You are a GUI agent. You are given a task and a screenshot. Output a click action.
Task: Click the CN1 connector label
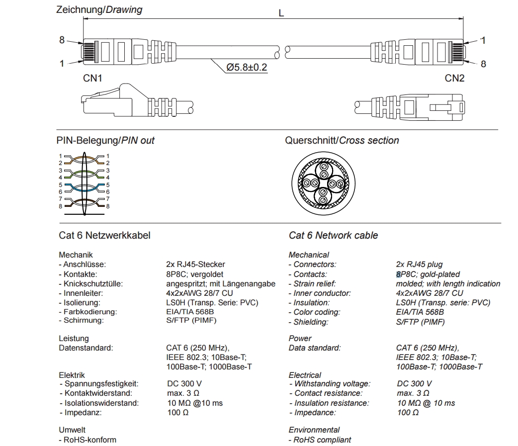pos(92,78)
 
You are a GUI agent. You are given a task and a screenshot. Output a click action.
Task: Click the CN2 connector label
pos(454,78)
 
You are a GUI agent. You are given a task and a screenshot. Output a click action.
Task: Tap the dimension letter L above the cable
pos(281,13)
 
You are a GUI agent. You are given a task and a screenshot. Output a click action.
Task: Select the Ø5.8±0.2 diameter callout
pos(247,67)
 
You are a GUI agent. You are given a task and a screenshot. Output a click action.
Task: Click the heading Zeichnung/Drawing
pos(99,9)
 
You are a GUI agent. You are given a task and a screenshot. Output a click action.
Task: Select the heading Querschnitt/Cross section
pos(342,141)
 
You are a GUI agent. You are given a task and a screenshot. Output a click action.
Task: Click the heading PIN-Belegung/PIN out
pos(105,141)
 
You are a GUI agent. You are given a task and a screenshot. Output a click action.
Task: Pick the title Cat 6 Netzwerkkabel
pos(104,235)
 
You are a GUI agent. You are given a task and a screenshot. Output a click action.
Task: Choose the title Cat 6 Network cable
pos(333,235)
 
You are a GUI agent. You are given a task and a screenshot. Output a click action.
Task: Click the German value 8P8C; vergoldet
pos(195,274)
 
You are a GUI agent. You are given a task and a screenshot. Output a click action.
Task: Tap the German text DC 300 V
pos(184,384)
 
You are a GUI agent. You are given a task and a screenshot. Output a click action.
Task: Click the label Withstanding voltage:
pos(333,384)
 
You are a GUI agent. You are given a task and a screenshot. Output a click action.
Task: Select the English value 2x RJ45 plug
pos(419,265)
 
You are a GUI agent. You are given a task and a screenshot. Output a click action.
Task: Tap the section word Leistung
pos(74,339)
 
